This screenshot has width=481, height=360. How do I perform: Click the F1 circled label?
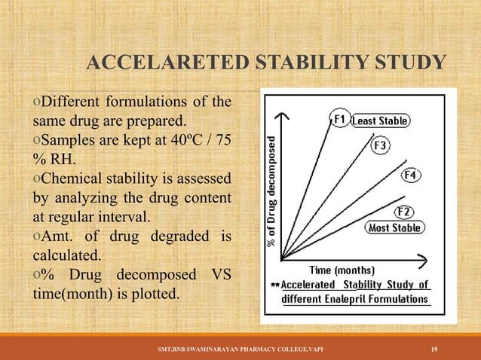coord(340,119)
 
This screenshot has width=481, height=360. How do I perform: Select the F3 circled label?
coord(380,145)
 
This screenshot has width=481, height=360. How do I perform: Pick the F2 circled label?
coord(405,211)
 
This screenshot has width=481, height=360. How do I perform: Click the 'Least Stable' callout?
coord(381,121)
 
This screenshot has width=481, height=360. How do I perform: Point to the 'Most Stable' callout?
coord(395,227)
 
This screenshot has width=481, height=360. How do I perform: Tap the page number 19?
coord(434,348)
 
